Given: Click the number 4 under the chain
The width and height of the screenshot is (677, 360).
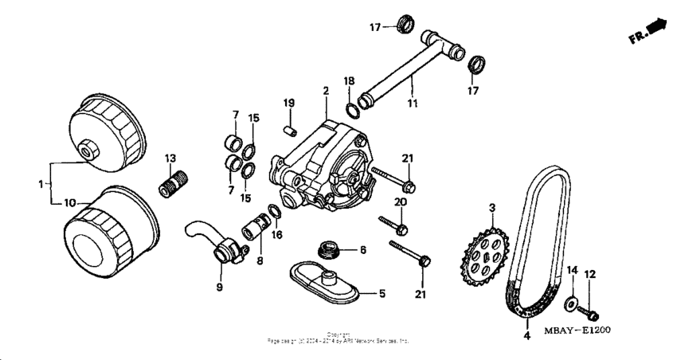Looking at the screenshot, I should pos(526,336).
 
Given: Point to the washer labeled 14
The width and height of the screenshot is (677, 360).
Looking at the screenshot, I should pos(570,303).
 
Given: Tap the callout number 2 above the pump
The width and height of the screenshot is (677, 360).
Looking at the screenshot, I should pos(326,92).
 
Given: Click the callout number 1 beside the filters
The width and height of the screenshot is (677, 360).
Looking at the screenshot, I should pos(40,184).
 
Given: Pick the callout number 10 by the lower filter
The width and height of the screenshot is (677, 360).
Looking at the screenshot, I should pos(70,203).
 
